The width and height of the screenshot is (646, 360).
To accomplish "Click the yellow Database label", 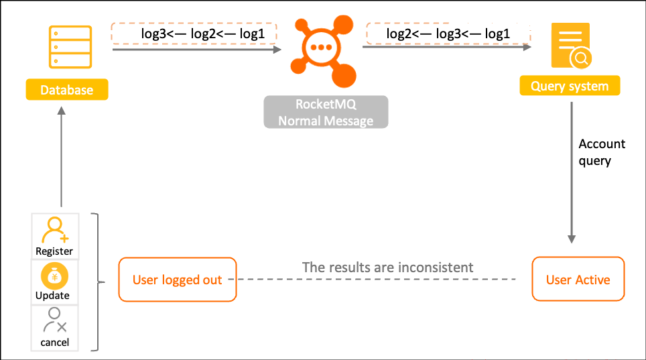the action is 67,89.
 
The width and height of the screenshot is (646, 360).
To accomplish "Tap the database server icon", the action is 70,47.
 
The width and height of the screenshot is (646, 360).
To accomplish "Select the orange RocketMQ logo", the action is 324,51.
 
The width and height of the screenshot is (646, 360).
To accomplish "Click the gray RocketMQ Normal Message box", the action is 326,112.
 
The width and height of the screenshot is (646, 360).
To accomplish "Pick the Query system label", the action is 570,86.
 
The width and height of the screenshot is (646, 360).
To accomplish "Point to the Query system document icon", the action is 572,46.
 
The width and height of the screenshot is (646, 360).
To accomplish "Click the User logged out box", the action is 178,280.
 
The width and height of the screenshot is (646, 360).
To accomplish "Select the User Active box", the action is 578,279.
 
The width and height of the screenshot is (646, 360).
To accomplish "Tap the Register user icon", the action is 55,230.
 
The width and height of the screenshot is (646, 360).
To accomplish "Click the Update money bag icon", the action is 54,276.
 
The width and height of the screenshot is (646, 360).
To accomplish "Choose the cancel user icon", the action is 55,320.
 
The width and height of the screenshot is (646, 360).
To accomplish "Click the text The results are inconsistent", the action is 388,267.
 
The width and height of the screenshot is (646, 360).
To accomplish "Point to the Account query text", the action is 602,152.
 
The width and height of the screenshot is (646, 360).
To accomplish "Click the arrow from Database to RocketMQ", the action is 197,50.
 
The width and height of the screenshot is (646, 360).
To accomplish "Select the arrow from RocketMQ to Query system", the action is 447,47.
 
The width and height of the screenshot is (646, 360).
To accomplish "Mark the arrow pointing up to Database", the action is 62,157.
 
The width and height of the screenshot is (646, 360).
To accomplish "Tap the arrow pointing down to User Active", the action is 572,173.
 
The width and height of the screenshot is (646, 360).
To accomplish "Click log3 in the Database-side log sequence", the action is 153,34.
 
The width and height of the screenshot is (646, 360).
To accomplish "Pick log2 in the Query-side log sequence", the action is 399,34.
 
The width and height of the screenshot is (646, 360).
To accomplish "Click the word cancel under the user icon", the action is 55,343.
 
